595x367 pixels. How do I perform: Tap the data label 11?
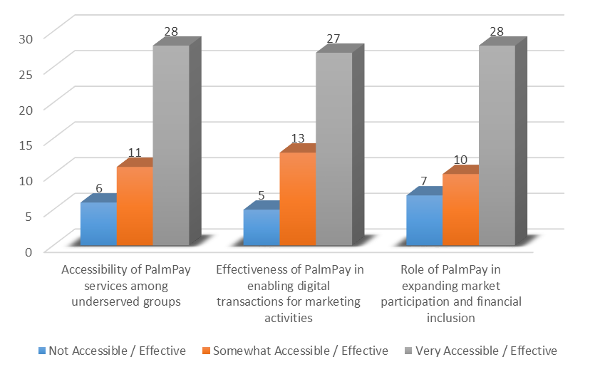click(x=135, y=153)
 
